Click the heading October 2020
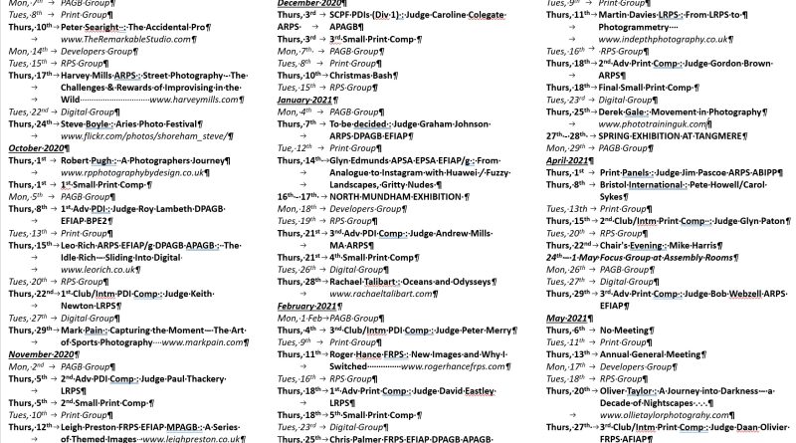(37, 147)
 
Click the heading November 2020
(41, 353)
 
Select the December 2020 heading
(312, 4)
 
